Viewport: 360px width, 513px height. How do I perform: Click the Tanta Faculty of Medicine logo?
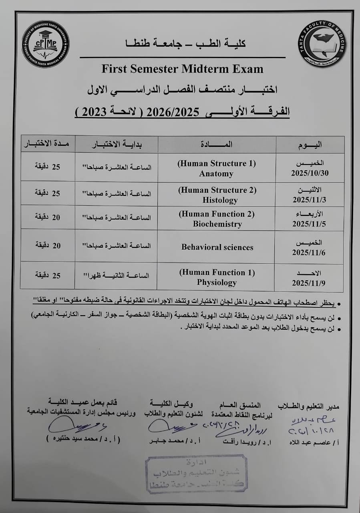322,44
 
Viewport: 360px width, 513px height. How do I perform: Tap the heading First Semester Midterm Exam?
182,69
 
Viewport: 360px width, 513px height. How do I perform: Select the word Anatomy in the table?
216,174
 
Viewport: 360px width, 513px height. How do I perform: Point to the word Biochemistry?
217,224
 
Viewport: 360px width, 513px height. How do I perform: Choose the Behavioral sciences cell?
217,247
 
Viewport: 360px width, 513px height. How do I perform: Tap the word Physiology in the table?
217,282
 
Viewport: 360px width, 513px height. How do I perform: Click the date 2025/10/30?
309,174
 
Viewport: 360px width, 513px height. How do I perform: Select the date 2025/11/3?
309,200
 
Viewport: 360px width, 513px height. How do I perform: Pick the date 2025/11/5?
309,224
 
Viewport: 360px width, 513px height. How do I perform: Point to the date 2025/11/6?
309,252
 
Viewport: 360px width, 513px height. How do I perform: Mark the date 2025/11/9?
309,283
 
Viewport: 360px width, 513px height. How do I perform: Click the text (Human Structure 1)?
217,164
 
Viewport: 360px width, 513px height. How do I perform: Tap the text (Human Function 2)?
217,214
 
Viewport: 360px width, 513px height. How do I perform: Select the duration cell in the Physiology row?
48,275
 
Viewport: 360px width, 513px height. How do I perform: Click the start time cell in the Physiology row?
116,275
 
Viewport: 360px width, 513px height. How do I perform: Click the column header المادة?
217,144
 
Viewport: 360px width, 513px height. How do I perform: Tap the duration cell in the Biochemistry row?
48,217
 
